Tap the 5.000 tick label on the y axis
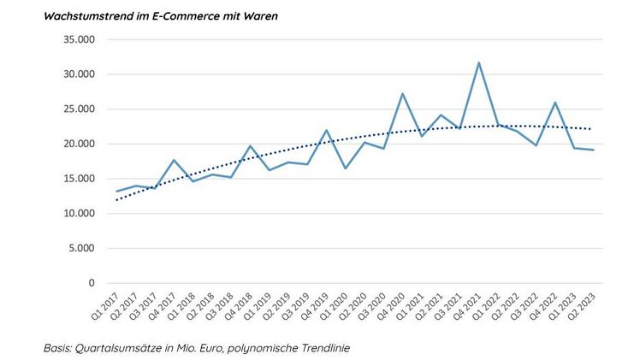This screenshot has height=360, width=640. pyautogui.click(x=79, y=248)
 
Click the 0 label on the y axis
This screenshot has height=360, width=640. pyautogui.click(x=90, y=283)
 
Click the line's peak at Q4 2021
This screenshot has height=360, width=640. pyautogui.click(x=478, y=62)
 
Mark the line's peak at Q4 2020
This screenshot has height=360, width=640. pyautogui.click(x=402, y=94)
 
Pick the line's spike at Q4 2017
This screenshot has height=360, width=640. pyautogui.click(x=175, y=160)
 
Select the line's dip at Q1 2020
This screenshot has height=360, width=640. pyautogui.click(x=346, y=168)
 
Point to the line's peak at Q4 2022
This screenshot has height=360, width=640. pyautogui.click(x=554, y=103)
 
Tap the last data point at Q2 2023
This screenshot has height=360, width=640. pyautogui.click(x=593, y=150)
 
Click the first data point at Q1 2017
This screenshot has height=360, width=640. pyautogui.click(x=117, y=192)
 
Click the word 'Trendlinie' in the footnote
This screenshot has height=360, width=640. pyautogui.click(x=329, y=348)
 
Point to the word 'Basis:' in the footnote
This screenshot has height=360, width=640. pyautogui.click(x=58, y=348)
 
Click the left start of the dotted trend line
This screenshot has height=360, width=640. pyautogui.click(x=117, y=200)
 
